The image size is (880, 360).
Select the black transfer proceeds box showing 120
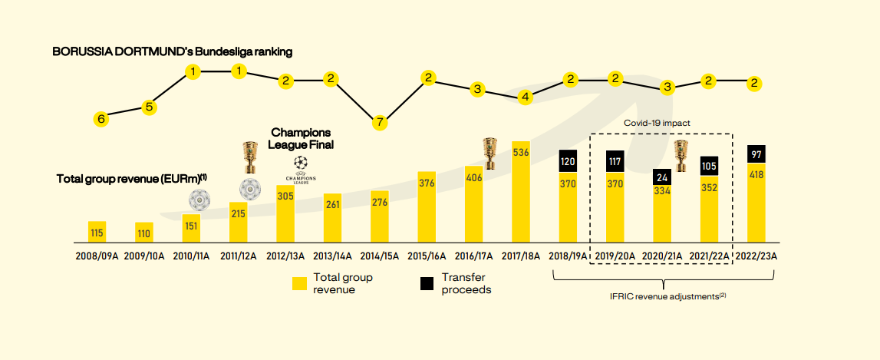point(568,161)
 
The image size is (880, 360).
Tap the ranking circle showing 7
point(379,122)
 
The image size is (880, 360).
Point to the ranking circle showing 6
point(101,119)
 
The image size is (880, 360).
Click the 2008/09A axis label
point(97,255)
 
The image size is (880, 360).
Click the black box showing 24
point(663,177)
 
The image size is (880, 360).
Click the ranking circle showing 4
point(526,97)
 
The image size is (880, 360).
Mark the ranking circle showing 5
point(150,107)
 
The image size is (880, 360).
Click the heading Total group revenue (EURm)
point(132,179)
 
